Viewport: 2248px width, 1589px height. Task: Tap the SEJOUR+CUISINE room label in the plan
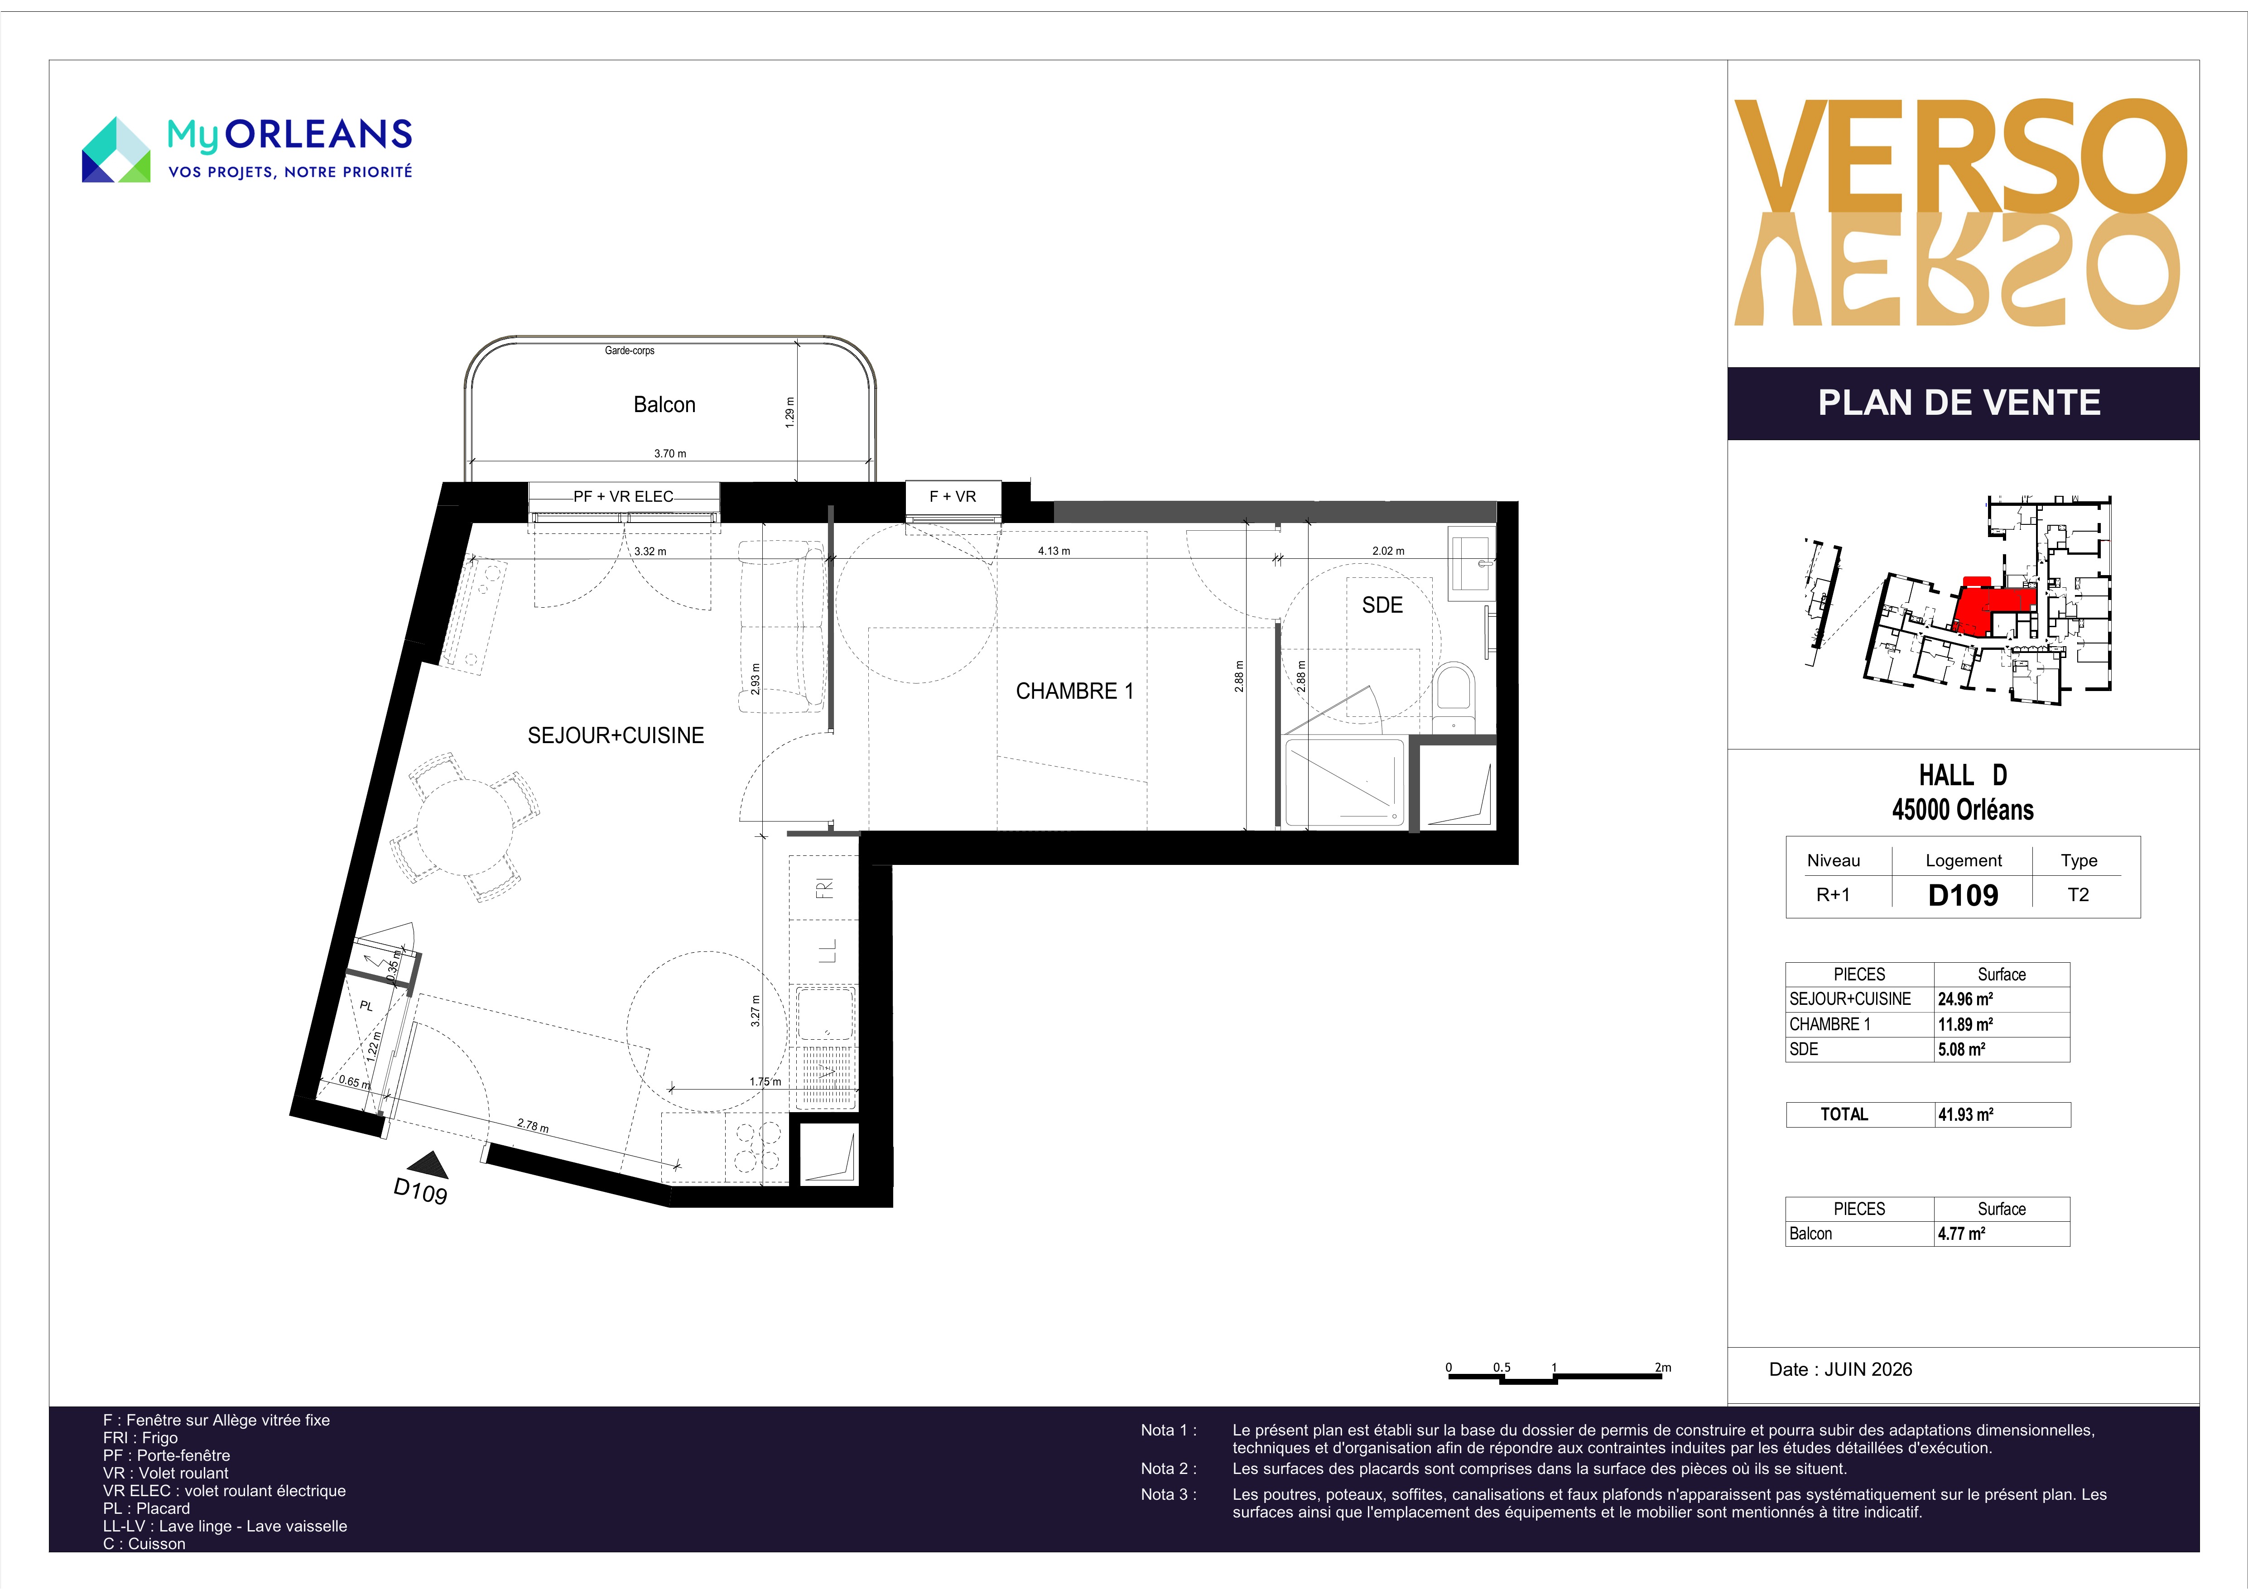click(x=616, y=735)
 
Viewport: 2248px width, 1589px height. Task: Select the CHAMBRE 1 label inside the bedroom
click(x=1074, y=691)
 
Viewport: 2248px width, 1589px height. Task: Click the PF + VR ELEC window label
click(x=624, y=496)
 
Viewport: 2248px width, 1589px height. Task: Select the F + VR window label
click(x=953, y=496)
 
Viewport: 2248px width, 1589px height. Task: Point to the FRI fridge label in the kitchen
click(x=825, y=888)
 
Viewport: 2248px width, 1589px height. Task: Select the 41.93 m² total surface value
click(x=1965, y=1114)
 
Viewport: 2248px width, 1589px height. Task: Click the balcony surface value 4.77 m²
click(x=1961, y=1234)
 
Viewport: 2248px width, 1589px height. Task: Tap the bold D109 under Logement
click(x=1963, y=895)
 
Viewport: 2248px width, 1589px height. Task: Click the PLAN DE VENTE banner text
click(x=1959, y=403)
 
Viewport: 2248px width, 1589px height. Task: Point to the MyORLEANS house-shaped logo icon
click(x=116, y=150)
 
